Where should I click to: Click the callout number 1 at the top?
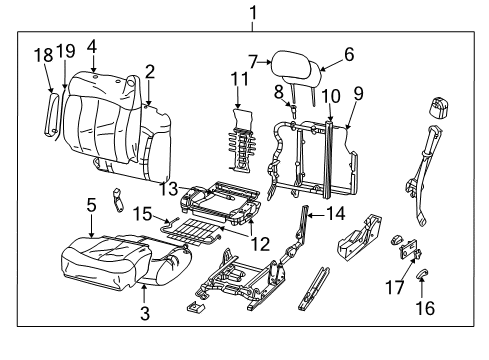point(253,13)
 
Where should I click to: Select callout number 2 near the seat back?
point(149,71)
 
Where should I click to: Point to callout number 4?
point(91,46)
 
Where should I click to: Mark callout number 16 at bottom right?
point(427,309)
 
